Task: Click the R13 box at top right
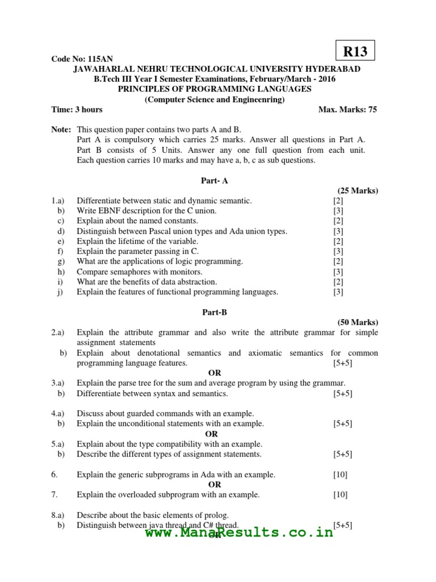[355, 52]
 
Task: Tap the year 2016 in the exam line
[326, 79]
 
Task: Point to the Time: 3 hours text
[77, 110]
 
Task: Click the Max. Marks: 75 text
[347, 110]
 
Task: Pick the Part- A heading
[215, 180]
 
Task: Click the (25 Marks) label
[358, 190]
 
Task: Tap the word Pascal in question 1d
[161, 231]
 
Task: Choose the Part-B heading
[215, 312]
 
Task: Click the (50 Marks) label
[358, 322]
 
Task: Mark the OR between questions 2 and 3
[215, 373]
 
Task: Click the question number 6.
[54, 474]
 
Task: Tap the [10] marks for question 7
[340, 494]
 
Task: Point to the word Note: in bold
[61, 130]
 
